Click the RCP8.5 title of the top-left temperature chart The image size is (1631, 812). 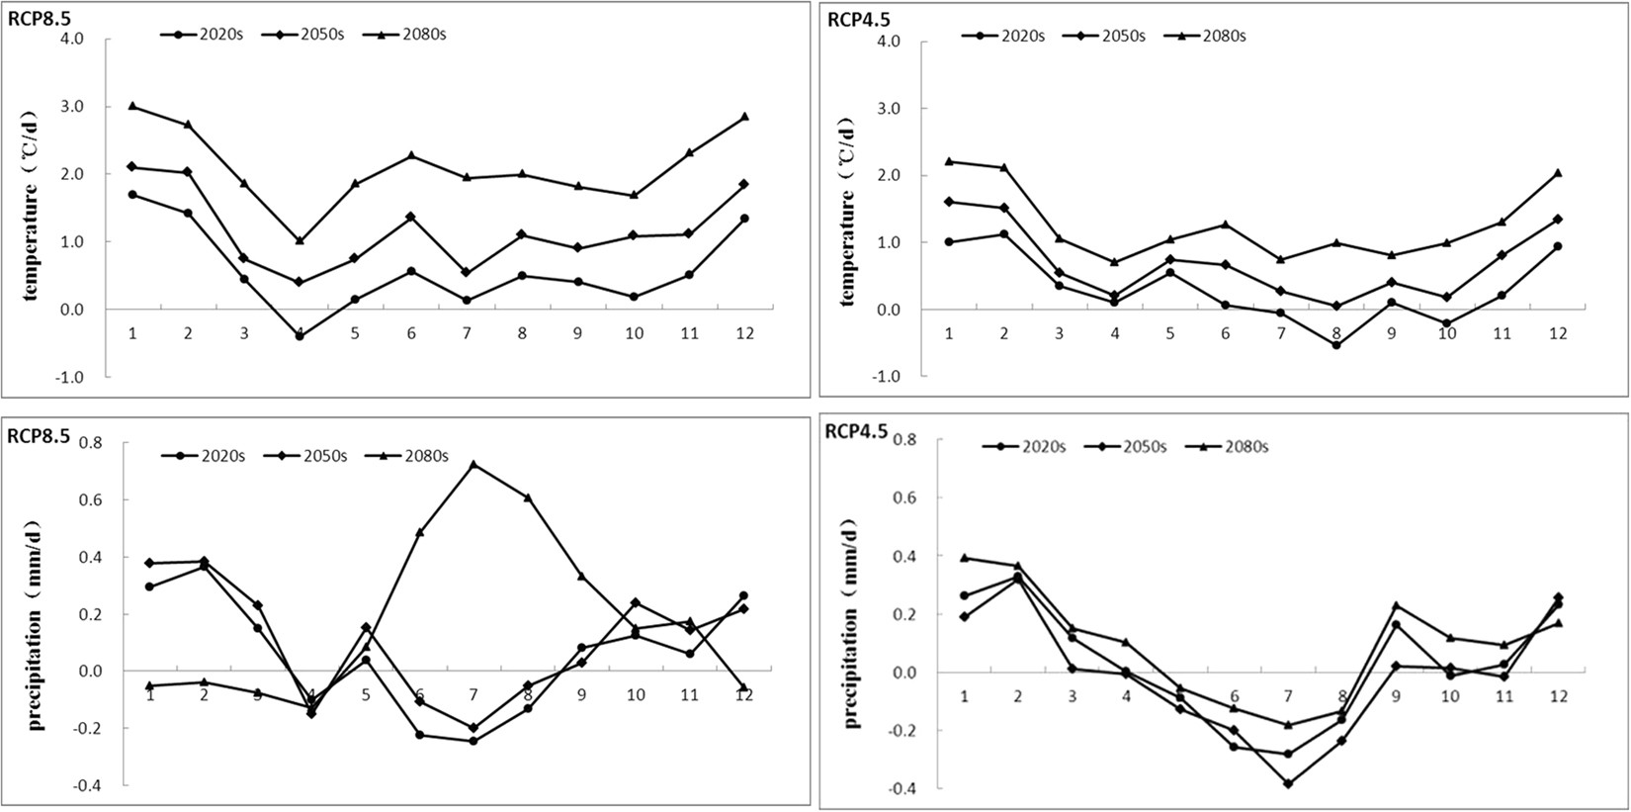click(37, 18)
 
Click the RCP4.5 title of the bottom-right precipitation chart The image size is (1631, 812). click(856, 430)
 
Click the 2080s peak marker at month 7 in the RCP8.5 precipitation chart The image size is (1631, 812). click(473, 464)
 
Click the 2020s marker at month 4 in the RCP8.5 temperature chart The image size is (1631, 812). click(300, 336)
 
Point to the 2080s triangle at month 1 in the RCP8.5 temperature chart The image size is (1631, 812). click(132, 106)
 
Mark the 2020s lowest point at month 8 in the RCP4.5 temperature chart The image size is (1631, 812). click(1336, 345)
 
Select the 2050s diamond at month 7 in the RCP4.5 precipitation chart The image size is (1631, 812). click(1288, 783)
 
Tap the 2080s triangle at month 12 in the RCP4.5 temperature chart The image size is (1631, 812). click(1558, 173)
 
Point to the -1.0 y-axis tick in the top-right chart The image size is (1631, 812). click(887, 377)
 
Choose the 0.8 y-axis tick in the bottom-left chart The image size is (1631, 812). click(90, 442)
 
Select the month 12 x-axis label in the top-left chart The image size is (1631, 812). click(743, 333)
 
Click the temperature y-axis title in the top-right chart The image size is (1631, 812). click(848, 213)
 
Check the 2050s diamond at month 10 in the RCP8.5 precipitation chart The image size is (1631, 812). click(635, 603)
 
